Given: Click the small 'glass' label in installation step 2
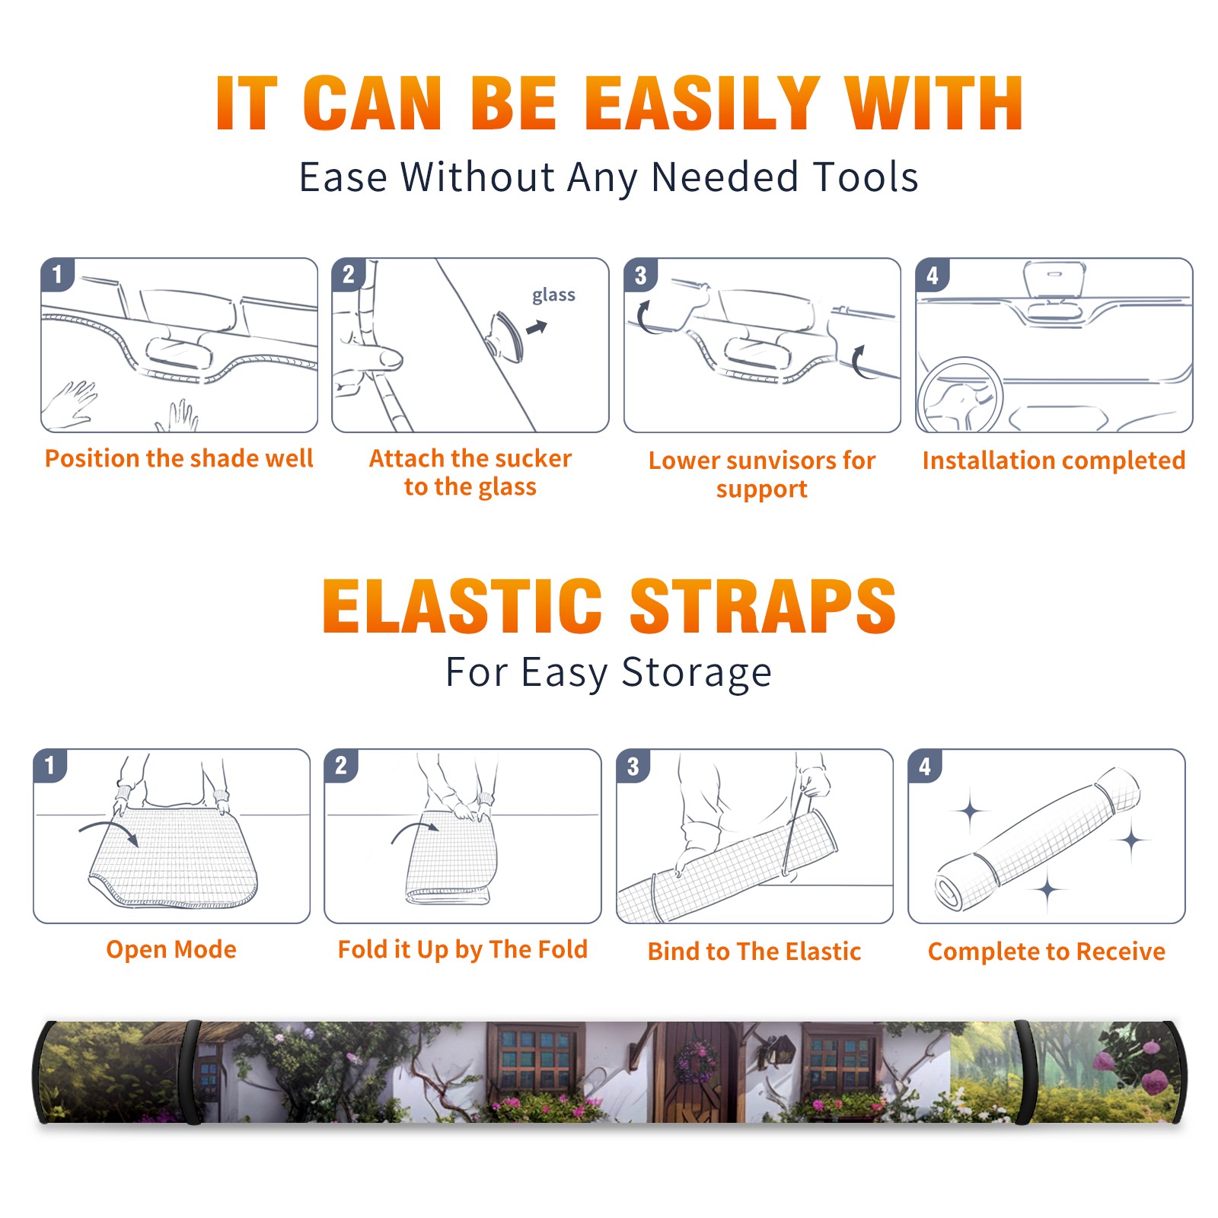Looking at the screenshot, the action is point(553,295).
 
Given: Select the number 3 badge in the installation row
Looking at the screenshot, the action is point(640,276).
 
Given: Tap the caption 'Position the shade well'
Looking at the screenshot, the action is point(179,458).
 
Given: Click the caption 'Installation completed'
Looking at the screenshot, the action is point(1054,461).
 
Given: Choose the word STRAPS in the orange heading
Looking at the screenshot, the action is point(763,606).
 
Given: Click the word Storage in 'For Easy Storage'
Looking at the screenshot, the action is point(697,673).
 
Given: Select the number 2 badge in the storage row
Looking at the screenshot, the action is point(340,765).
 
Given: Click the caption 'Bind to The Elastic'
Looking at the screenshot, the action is point(754,952).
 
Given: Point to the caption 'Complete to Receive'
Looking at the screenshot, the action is point(1046,952).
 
